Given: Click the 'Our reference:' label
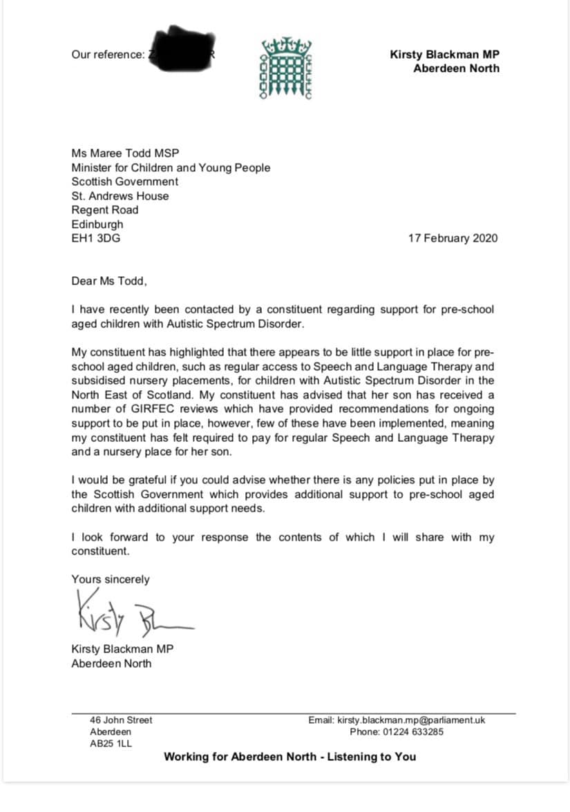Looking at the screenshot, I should click(x=108, y=55).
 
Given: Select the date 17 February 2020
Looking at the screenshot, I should click(x=453, y=238).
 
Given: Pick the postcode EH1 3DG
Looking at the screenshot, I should click(x=99, y=238).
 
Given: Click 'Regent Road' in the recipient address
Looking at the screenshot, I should click(x=104, y=210).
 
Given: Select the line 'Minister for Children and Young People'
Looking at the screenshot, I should click(x=171, y=167).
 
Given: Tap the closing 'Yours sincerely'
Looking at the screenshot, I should click(x=110, y=579).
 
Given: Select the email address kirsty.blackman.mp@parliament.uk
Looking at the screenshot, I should click(x=411, y=719).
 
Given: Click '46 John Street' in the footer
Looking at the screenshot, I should click(x=121, y=719).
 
